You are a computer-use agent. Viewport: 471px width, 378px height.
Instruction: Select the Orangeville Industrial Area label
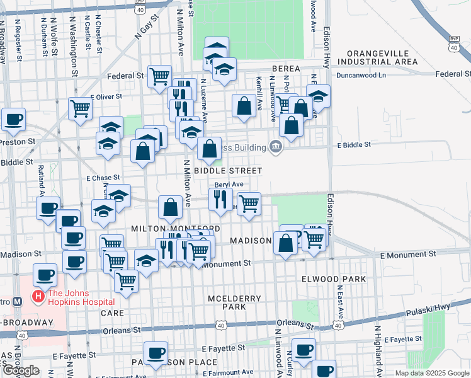point(377,57)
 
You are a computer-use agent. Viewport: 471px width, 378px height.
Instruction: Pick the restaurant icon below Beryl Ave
point(220,200)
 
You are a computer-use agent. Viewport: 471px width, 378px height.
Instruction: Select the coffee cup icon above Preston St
point(13,119)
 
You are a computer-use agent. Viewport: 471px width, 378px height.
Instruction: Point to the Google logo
point(21,371)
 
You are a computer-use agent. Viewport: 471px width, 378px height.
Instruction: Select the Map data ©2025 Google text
point(432,373)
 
